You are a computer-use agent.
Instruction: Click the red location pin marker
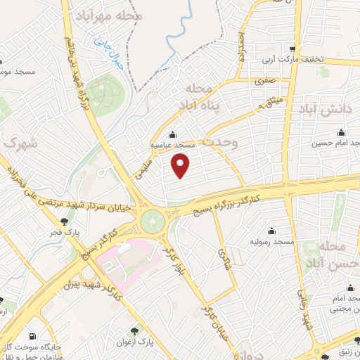pyautogui.click(x=181, y=165)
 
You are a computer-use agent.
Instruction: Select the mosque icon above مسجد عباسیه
pyautogui.click(x=173, y=135)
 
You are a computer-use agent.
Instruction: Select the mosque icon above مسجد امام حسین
pyautogui.click(x=342, y=132)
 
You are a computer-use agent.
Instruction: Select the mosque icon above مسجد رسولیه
pyautogui.click(x=271, y=230)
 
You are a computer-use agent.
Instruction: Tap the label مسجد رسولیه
pyautogui.click(x=272, y=241)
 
